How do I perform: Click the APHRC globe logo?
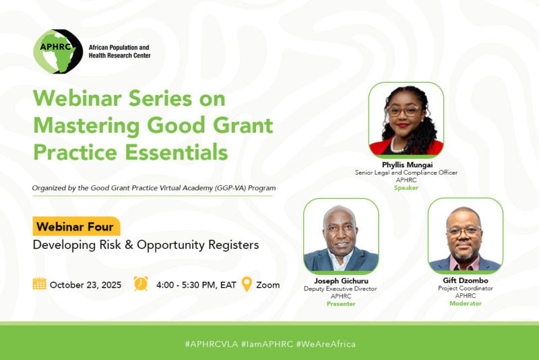(x=59, y=51)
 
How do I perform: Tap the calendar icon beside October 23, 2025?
(x=40, y=284)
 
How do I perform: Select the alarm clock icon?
(x=141, y=284)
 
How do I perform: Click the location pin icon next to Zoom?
(x=247, y=284)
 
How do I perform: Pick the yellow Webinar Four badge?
(x=76, y=227)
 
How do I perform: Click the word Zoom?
(x=268, y=284)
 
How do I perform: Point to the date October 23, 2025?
(x=86, y=284)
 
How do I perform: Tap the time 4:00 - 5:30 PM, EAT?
(x=196, y=284)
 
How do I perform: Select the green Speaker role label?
(x=406, y=188)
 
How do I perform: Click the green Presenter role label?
(x=340, y=304)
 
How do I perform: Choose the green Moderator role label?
(x=466, y=303)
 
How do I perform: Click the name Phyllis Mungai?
(x=406, y=164)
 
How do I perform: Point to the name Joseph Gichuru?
(x=340, y=280)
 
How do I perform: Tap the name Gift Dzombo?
(x=466, y=280)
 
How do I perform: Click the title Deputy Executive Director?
(x=340, y=289)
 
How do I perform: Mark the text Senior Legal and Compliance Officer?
(x=406, y=173)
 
